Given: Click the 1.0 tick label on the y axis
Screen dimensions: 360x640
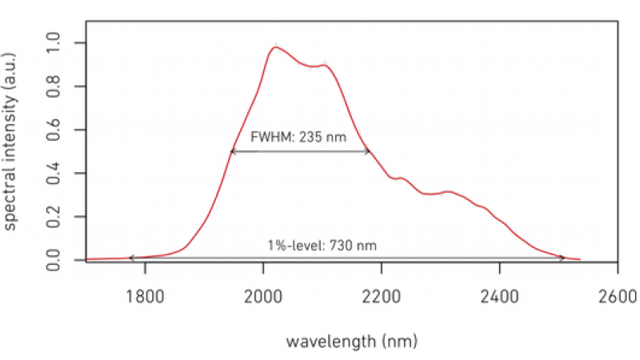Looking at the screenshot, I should coord(54,42).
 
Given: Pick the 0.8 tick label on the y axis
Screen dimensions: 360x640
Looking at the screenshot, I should coord(54,86).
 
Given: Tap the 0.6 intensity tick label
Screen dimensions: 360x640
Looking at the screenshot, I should coord(54,130).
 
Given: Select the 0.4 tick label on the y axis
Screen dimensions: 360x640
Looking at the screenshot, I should coord(54,174).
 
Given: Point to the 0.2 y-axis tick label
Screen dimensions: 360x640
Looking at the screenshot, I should coord(54,217).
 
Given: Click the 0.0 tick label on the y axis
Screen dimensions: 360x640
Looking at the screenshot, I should coord(54,260).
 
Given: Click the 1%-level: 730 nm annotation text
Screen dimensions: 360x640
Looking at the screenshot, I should coord(322,245).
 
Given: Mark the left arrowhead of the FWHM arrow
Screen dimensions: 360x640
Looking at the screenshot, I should coord(231,151).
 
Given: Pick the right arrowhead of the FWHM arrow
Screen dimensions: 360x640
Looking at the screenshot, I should coord(370,151).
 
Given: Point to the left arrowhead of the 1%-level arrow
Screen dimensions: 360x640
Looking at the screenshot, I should coord(131,258).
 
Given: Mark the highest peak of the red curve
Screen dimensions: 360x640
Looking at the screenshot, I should coord(275,47).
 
